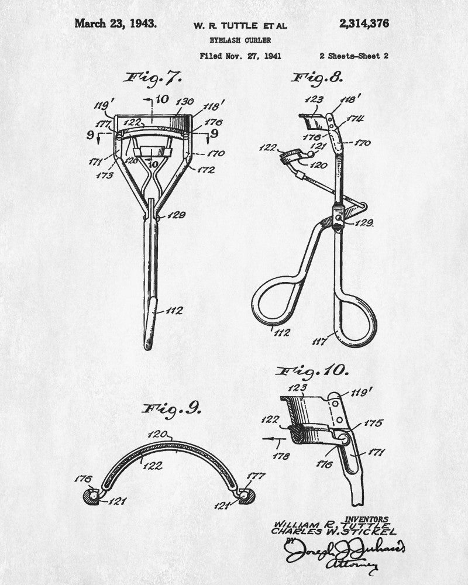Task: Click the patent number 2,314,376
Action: coord(363,24)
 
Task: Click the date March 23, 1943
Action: coord(115,24)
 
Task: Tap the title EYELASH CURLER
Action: coord(239,40)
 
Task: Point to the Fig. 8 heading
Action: coord(318,77)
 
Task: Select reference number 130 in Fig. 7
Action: coord(185,102)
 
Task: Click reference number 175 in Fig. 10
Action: coord(373,422)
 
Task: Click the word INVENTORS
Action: coord(367,518)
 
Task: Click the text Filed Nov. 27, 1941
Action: coord(240,57)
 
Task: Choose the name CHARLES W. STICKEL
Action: coord(333,532)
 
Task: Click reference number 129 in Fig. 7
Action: coord(177,215)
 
